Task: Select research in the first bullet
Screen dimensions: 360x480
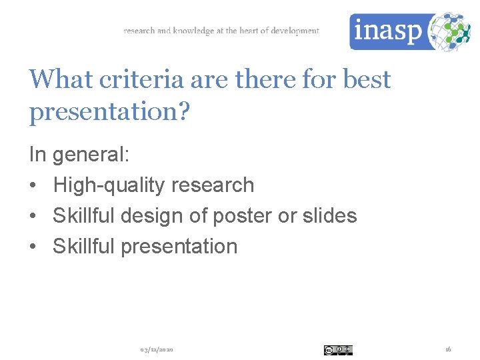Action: point(221,185)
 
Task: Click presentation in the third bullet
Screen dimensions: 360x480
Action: point(179,246)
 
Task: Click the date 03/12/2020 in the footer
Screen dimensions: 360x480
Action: point(157,350)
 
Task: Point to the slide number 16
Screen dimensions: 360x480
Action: point(448,350)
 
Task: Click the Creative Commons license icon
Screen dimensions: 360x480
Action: point(338,350)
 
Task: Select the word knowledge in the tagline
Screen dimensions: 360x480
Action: point(193,31)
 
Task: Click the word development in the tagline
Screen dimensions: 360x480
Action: point(295,31)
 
